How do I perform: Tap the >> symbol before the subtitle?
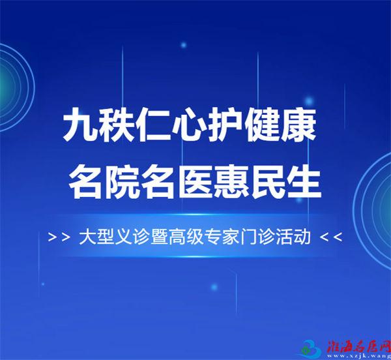[59, 237]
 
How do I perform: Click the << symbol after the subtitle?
[330, 237]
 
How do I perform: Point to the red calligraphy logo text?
[358, 345]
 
